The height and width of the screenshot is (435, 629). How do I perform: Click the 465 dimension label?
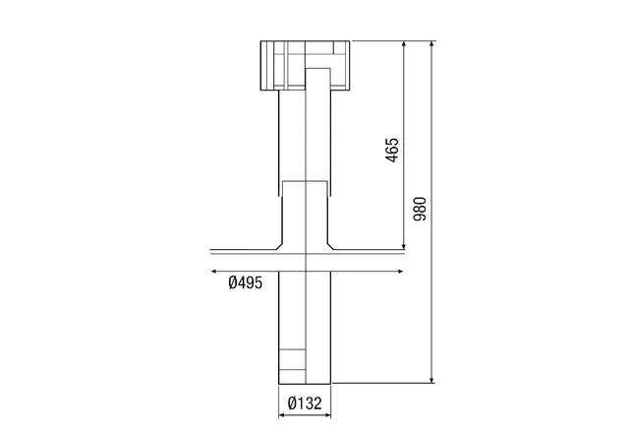392,151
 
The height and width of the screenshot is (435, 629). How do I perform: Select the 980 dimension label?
420,209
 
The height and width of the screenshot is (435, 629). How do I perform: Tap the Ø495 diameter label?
246,282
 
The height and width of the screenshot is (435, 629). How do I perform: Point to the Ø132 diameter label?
305,403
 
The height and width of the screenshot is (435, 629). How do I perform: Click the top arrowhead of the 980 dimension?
432,43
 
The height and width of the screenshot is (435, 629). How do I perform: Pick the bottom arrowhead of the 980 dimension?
432,380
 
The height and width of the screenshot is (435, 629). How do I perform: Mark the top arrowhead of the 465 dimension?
404,43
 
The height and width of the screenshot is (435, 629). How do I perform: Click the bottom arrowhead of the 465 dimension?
404,246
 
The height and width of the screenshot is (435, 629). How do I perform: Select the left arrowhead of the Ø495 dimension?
214,272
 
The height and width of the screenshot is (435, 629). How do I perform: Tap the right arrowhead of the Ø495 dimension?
400,272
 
